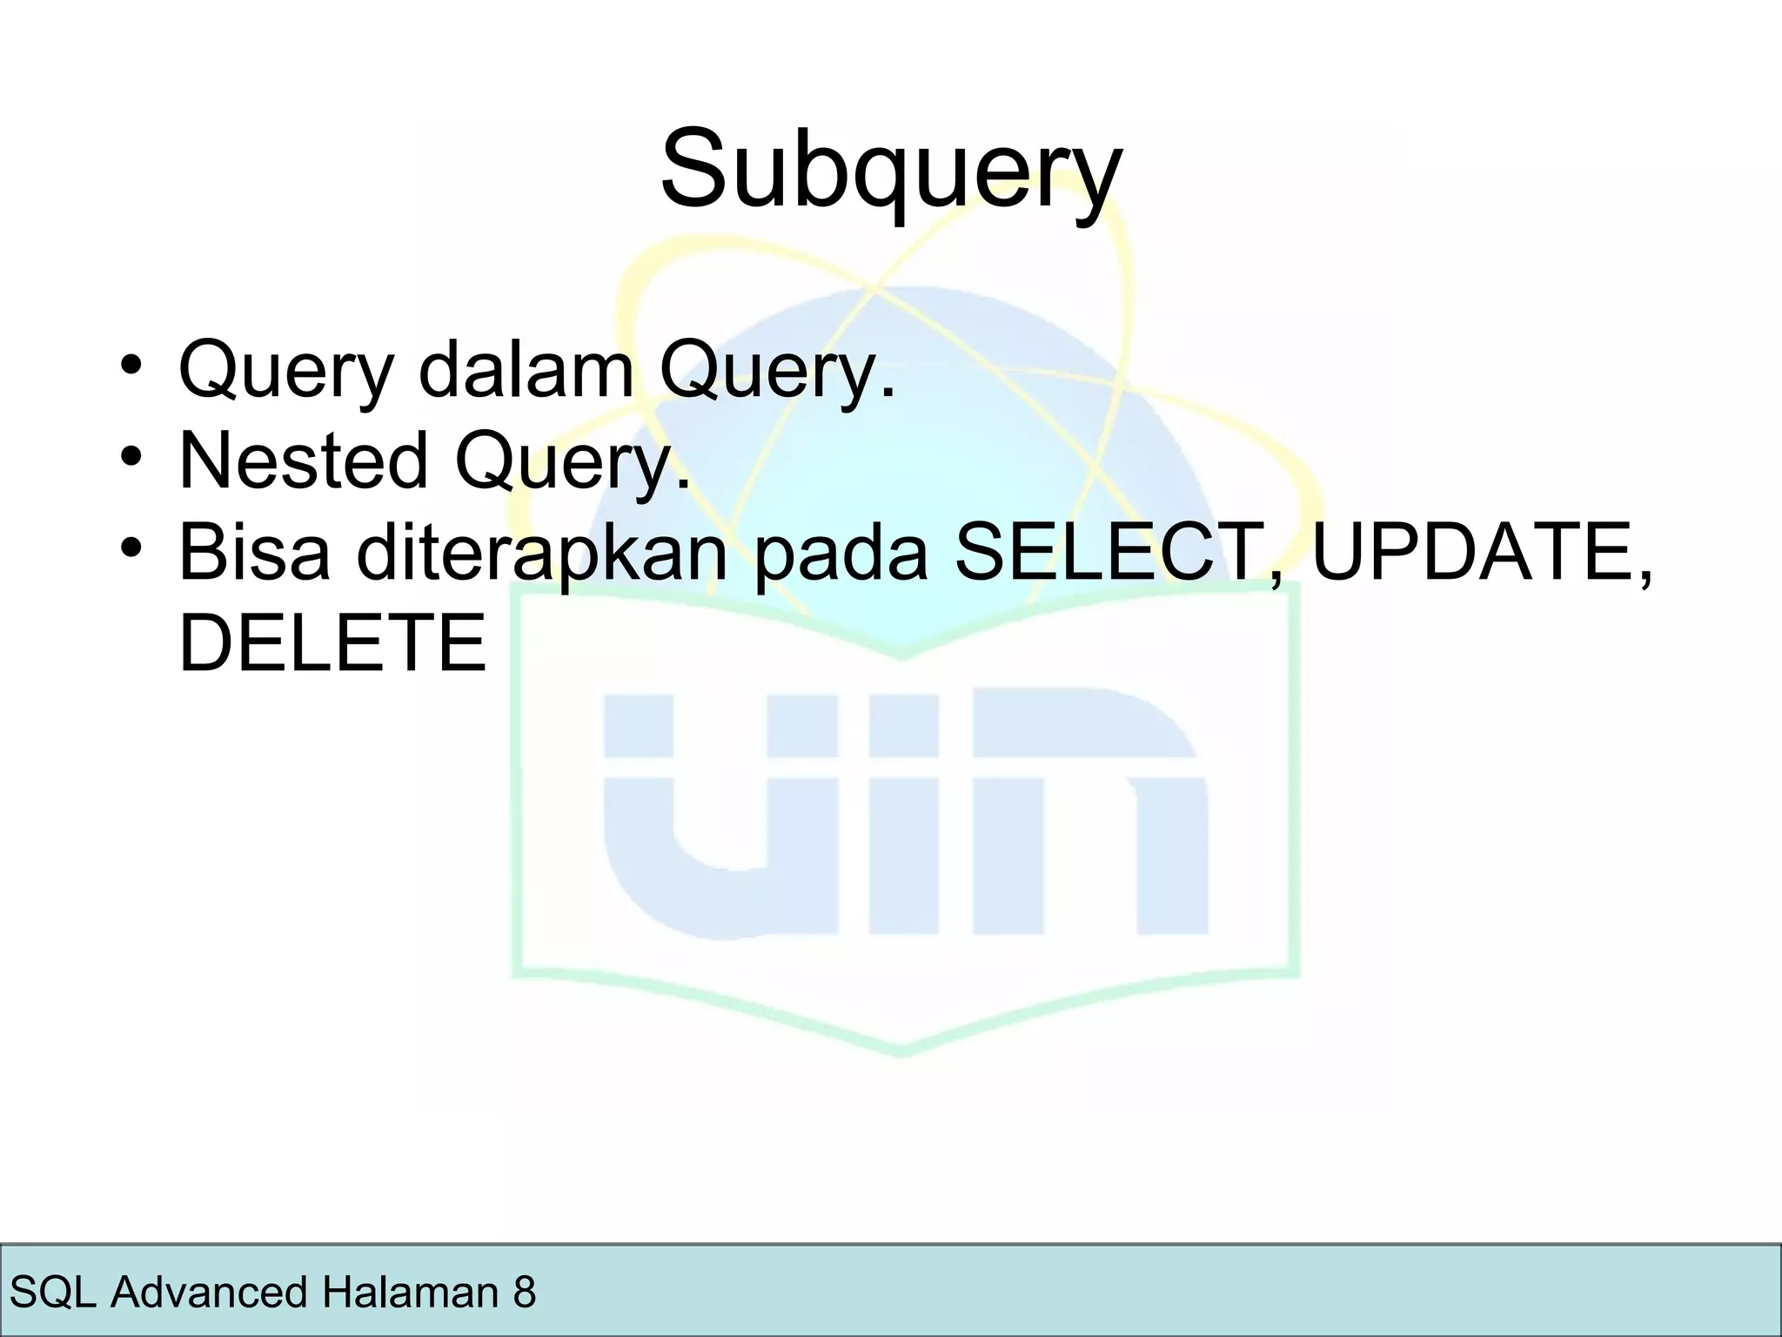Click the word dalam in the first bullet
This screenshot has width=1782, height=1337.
(526, 370)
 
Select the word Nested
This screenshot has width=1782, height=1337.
(304, 460)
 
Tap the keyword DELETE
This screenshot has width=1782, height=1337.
(332, 643)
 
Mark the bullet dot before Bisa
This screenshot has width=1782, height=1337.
(131, 548)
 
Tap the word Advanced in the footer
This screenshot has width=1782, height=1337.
(210, 1292)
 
